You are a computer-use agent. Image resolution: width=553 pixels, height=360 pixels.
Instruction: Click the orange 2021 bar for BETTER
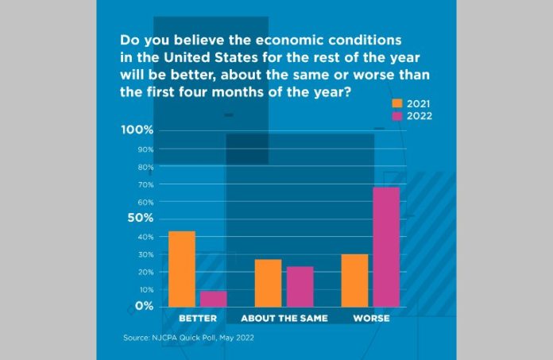[x=182, y=269]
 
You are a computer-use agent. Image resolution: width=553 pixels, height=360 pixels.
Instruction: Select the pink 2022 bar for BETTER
[x=213, y=298]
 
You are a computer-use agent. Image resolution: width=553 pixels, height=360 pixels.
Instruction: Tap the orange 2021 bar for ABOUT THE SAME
[x=268, y=282]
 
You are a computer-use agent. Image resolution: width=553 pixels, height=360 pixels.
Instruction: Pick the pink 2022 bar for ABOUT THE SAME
[x=300, y=286]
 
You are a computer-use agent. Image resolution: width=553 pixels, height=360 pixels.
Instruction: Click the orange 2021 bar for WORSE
[x=354, y=280]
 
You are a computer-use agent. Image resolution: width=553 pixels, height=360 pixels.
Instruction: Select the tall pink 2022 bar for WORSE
[x=386, y=246]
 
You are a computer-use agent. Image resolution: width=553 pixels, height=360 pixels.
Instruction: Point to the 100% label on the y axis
[x=138, y=130]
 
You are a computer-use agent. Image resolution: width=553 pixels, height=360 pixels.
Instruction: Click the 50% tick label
[x=140, y=218]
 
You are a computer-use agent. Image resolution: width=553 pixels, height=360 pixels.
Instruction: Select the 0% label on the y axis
[x=144, y=306]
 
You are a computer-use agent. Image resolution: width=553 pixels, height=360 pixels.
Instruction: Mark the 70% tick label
[x=145, y=184]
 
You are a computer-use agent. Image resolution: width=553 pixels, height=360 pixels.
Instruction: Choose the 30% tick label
[x=145, y=254]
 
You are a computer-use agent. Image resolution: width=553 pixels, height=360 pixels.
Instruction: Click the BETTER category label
[x=198, y=319]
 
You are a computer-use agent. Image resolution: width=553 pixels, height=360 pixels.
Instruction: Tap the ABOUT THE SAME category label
[x=284, y=319]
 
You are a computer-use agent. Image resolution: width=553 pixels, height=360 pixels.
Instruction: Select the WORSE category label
[x=370, y=319]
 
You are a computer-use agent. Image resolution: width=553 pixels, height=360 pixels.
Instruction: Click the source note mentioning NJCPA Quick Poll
[x=188, y=339]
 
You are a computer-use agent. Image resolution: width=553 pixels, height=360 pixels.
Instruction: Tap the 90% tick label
[x=145, y=149]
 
